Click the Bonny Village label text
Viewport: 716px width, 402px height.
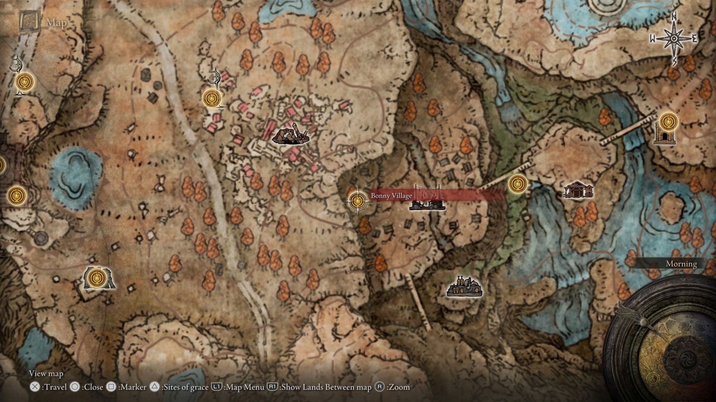pos(391,196)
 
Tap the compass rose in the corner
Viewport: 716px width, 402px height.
pos(674,38)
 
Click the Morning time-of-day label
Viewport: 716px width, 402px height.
pos(681,264)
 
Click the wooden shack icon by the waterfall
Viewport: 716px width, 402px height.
pos(578,190)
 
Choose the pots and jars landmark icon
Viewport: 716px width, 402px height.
pos(464,287)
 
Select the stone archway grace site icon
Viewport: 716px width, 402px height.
pos(98,278)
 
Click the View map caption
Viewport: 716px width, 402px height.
pos(46,373)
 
